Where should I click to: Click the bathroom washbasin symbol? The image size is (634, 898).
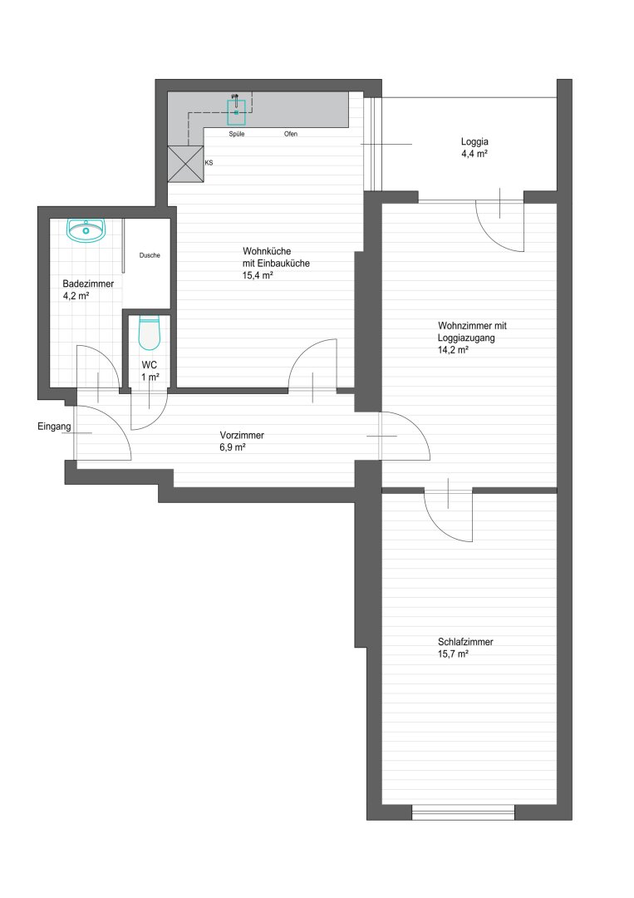point(86,230)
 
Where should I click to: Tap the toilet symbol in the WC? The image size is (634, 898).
point(149,334)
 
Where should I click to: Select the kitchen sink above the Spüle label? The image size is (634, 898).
point(236,112)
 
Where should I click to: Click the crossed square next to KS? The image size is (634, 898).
point(185,164)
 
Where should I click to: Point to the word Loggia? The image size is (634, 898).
point(474,141)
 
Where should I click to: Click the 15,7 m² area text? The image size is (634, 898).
point(453,654)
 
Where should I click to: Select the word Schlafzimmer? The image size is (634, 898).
point(465,642)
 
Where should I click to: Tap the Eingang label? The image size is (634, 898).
point(54,427)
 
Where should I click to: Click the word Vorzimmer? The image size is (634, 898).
point(242,435)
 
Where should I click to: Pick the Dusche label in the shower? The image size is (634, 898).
point(150,255)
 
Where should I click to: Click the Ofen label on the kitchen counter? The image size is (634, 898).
point(291,134)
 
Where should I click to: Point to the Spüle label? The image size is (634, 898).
point(237,134)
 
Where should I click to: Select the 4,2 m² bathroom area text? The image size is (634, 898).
point(76,296)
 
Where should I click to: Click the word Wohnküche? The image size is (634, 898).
point(267,251)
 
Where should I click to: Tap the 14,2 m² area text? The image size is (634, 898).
point(453,350)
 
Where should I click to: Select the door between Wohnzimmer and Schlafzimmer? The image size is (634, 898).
point(449,515)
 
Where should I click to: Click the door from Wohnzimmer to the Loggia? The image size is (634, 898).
point(500,224)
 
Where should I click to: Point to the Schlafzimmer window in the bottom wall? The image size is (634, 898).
point(464,812)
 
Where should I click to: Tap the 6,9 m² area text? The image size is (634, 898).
point(233,447)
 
